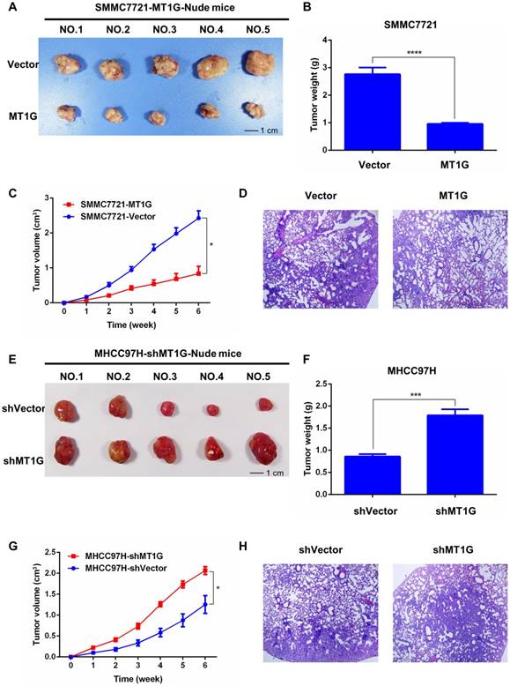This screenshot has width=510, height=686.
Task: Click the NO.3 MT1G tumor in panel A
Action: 155,116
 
